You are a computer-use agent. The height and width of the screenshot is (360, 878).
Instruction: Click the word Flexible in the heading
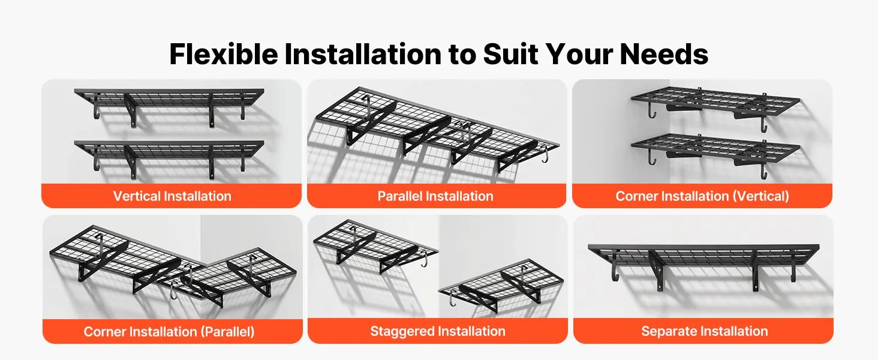pyautogui.click(x=224, y=54)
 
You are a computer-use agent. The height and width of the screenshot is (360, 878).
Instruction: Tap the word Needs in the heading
pyautogui.click(x=664, y=54)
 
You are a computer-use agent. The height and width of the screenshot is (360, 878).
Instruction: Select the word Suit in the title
pyautogui.click(x=510, y=54)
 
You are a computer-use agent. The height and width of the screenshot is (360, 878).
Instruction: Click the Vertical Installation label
pyautogui.click(x=172, y=196)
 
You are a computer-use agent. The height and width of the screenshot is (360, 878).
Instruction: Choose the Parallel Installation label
pyautogui.click(x=435, y=196)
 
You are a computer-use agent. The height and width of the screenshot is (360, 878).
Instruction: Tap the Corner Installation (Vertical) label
pyautogui.click(x=702, y=196)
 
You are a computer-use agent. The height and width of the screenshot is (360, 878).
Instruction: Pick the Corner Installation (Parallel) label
pyautogui.click(x=169, y=332)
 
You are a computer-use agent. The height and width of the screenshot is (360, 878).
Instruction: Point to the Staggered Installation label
pyautogui.click(x=437, y=331)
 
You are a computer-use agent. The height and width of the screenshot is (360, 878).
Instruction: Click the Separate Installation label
pyautogui.click(x=704, y=331)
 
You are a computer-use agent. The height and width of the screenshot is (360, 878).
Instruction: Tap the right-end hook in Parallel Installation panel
pyautogui.click(x=545, y=154)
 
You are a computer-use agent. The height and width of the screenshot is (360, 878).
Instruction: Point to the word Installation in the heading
pyautogui.click(x=363, y=54)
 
